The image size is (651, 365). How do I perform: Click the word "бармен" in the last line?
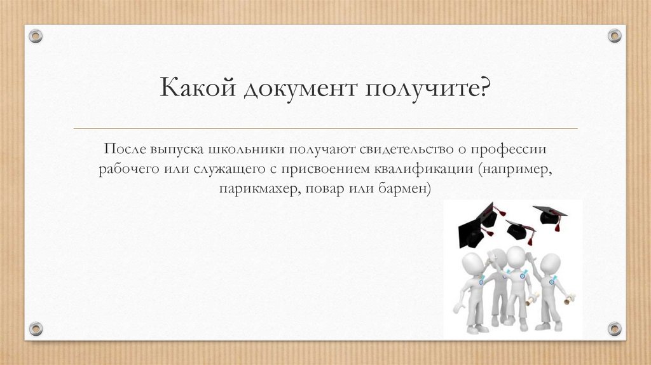pyautogui.click(x=405, y=189)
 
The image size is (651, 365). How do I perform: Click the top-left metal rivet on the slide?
pyautogui.click(x=36, y=36)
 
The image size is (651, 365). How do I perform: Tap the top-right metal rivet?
pyautogui.click(x=614, y=36)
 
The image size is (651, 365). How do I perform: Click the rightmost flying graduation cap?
pyautogui.click(x=549, y=215)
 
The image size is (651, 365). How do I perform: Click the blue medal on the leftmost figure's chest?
pyautogui.click(x=481, y=280)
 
